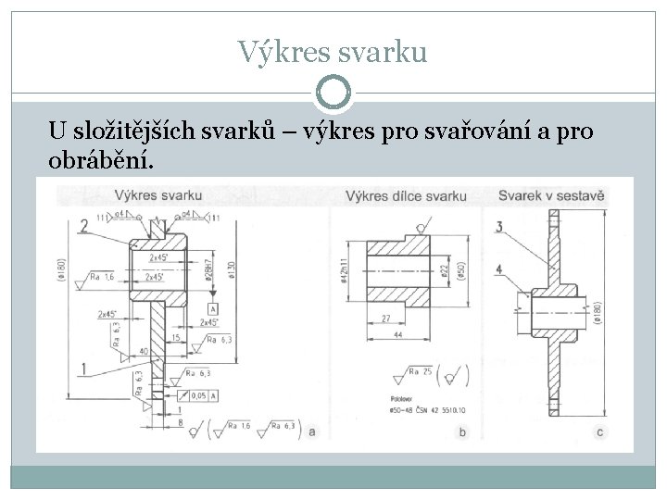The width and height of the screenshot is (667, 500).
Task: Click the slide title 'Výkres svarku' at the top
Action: pyautogui.click(x=333, y=51)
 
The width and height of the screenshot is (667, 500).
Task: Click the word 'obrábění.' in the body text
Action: pyautogui.click(x=103, y=161)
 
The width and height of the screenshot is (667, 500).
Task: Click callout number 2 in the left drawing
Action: pyautogui.click(x=84, y=225)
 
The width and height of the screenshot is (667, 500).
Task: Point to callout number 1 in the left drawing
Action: pyautogui.click(x=84, y=369)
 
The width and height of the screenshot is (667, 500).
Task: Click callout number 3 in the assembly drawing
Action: pyautogui.click(x=500, y=227)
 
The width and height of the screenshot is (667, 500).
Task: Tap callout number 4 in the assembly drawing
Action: pyautogui.click(x=500, y=270)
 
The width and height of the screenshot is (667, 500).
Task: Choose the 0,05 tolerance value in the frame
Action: pyautogui.click(x=198, y=395)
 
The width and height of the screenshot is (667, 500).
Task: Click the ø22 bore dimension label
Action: pyautogui.click(x=446, y=271)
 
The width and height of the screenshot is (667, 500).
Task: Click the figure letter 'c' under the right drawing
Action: pyautogui.click(x=600, y=432)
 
